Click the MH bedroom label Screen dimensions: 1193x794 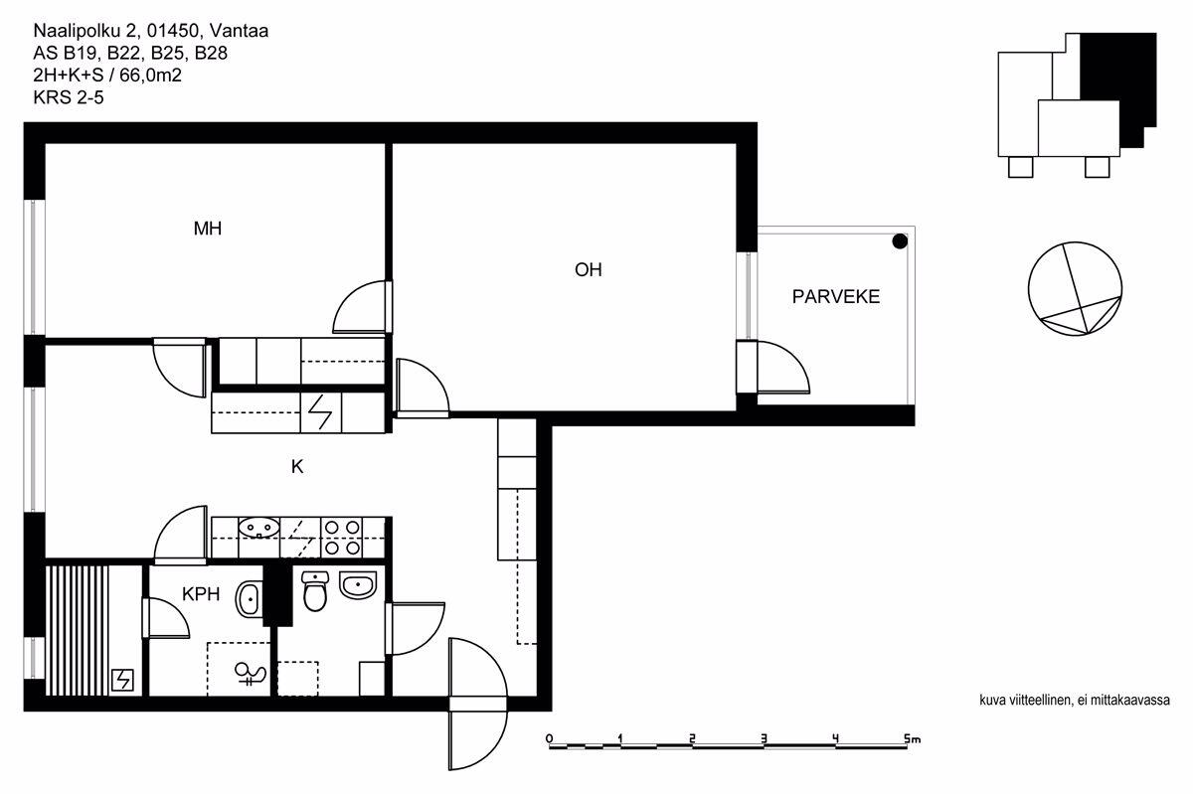(208, 229)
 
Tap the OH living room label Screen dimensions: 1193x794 (588, 270)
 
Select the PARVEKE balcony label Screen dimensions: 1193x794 (836, 296)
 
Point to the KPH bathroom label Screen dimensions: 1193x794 (201, 594)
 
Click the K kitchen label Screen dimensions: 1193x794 (297, 466)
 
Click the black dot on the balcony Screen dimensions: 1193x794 (900, 241)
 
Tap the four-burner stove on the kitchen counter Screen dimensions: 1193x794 (342, 538)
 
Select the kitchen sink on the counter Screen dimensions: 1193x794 (258, 528)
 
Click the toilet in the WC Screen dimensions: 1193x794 (315, 591)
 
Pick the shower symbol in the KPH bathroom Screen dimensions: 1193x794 (250, 674)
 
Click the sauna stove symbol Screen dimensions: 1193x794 (123, 680)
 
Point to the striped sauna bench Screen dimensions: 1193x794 (78, 630)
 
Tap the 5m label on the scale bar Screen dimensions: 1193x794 (912, 739)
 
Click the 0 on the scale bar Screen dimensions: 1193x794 (549, 738)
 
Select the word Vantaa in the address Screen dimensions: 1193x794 (240, 31)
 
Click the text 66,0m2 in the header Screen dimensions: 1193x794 (150, 76)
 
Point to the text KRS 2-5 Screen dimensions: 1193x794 (69, 97)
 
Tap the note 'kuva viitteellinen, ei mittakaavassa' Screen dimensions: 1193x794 (1075, 700)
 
